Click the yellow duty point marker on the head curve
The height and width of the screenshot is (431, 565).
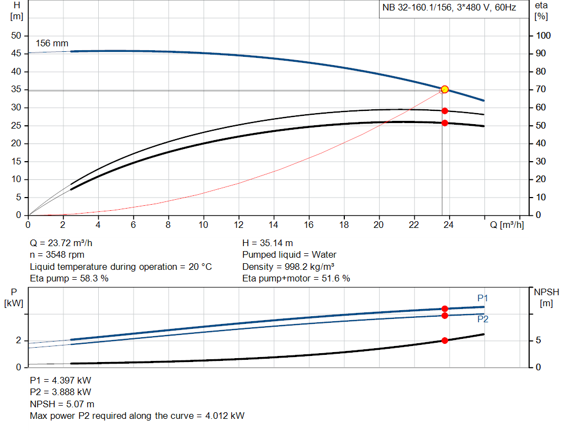[444, 89]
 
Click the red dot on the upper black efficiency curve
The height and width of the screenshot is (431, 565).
[445, 111]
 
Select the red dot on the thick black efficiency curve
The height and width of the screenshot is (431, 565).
[445, 123]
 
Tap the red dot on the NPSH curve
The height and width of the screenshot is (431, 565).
[445, 340]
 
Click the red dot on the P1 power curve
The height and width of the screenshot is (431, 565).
[445, 309]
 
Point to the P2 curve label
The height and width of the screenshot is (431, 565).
[483, 319]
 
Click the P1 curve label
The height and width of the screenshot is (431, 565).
[483, 299]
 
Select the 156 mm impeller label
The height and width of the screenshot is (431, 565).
[52, 44]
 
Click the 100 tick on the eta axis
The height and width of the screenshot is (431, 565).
[543, 36]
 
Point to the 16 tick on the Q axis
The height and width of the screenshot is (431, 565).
[308, 225]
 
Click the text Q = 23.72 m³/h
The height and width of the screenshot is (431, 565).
[65, 243]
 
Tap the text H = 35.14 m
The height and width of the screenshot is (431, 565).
[268, 243]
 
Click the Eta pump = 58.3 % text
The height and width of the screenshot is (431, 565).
[69, 278]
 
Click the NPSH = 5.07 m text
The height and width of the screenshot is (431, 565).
[62, 404]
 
